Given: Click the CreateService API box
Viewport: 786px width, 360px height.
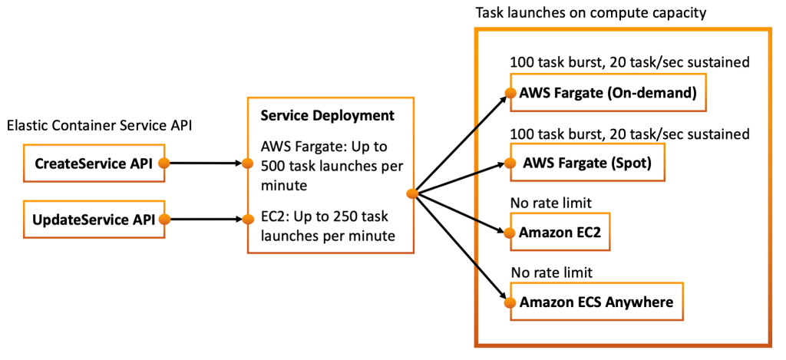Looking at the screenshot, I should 94,163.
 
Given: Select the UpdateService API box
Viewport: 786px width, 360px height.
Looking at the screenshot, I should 94,220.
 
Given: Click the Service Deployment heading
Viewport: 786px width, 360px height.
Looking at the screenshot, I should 328,116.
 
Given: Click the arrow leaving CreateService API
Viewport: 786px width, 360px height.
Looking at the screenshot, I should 203,163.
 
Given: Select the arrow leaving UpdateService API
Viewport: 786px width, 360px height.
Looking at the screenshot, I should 203,220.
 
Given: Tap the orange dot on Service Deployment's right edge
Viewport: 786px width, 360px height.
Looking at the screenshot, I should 412,194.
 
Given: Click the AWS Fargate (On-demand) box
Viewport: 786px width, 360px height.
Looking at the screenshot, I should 607,94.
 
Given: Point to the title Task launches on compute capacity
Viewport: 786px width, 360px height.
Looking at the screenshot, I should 591,13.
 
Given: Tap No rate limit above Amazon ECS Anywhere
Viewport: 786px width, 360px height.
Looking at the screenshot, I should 553,272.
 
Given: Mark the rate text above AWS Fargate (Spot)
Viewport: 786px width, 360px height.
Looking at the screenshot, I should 630,134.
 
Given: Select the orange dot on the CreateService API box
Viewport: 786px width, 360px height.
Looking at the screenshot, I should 163,163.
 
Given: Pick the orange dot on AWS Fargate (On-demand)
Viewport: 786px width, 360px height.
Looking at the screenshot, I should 508,94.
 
